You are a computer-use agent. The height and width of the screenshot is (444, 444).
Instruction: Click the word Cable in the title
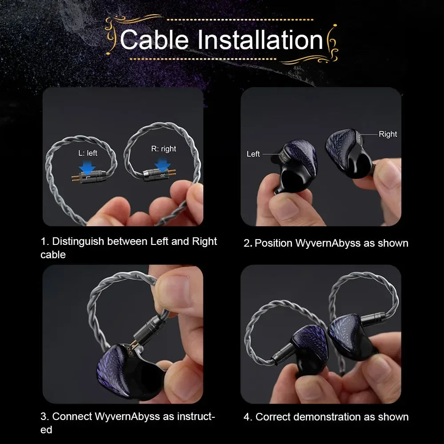[x=154, y=40]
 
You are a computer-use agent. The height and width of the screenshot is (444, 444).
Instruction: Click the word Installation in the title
[x=260, y=40]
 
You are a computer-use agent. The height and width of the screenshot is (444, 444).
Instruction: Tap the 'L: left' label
[x=87, y=153]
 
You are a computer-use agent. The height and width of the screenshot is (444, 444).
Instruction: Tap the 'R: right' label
[x=163, y=149]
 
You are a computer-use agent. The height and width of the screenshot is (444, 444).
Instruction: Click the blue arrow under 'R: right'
[x=163, y=165]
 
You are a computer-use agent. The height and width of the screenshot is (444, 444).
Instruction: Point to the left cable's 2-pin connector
[x=89, y=178]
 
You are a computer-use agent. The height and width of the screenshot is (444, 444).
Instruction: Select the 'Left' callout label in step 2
[x=253, y=154]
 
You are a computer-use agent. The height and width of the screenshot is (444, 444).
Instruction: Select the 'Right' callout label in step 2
[x=388, y=134]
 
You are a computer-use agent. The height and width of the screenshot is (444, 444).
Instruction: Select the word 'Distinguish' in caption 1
[x=78, y=241]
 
